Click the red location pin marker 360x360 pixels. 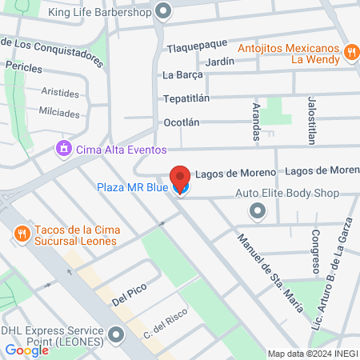[181, 178]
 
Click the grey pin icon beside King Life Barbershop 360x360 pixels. [164, 12]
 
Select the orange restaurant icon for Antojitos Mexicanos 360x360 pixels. [350, 53]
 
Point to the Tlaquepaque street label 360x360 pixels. [197, 46]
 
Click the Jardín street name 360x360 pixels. [219, 61]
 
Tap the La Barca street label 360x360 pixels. [182, 76]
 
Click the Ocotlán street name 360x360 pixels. [181, 122]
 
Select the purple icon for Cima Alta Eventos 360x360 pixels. [62, 149]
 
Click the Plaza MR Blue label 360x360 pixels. [132, 188]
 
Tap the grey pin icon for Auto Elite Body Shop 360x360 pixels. [257, 211]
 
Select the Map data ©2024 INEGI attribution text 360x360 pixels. [313, 354]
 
